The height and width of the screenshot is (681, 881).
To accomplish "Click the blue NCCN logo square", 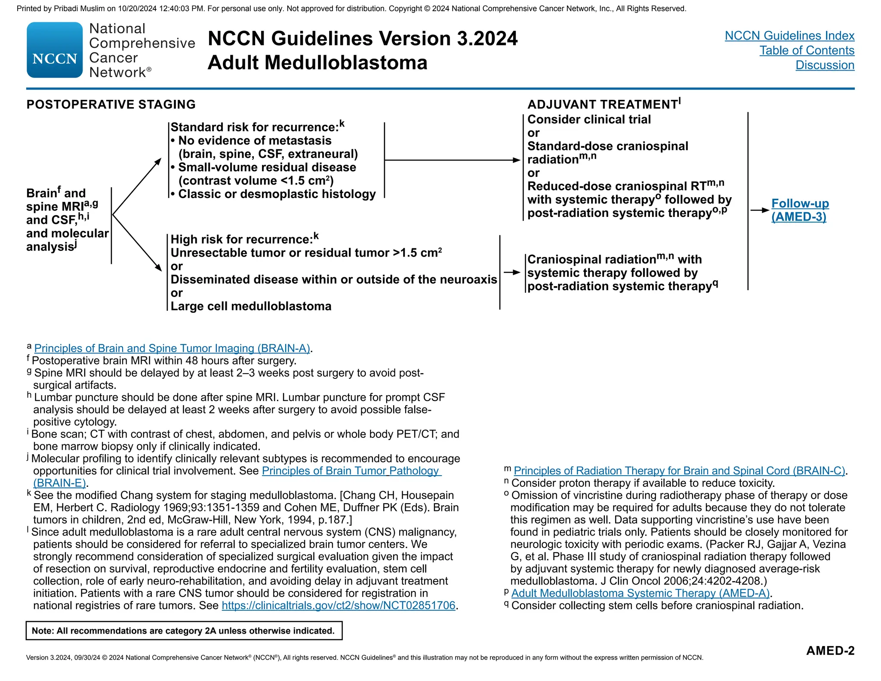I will tap(55, 50).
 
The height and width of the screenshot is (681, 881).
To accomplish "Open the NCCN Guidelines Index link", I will tap(789, 36).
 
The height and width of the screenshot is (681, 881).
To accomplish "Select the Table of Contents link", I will tap(807, 50).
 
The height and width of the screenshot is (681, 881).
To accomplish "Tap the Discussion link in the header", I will tap(825, 65).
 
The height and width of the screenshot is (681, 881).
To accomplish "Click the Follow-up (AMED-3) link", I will tap(800, 210).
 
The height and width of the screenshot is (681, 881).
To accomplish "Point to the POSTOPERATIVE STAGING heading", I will tap(111, 105).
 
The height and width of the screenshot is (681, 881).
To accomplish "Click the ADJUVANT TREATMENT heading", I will tap(602, 105).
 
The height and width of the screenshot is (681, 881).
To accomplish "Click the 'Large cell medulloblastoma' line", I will tap(251, 306).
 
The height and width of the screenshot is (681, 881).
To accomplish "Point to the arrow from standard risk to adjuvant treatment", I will tap(452, 160).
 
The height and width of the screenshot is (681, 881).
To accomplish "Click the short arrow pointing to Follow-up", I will tap(759, 210).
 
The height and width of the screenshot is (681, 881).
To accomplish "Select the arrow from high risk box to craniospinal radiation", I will tap(512, 272).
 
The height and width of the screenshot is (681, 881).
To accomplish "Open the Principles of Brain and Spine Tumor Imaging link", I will tap(172, 348).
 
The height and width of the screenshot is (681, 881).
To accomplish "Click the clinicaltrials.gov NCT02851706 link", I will tap(338, 605).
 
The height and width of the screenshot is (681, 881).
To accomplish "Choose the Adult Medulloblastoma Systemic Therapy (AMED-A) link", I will tap(640, 593).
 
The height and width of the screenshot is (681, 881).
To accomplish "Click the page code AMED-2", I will tap(830, 650).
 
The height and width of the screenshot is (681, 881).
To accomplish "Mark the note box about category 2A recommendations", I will tap(184, 631).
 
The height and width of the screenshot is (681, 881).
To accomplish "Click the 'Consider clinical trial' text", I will tap(589, 120).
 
